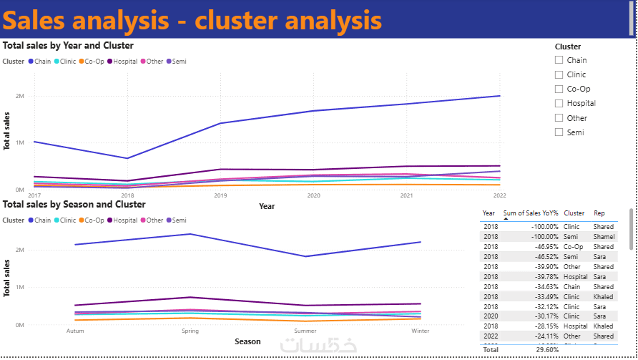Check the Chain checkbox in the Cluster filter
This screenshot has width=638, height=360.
point(559,60)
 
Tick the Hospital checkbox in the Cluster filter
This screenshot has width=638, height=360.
point(559,103)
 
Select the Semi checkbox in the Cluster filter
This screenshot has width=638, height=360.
point(559,132)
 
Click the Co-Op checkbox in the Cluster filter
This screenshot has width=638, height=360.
point(559,89)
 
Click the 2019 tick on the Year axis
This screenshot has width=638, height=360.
point(220,195)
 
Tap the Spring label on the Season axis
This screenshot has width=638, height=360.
point(190,331)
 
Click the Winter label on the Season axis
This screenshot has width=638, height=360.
point(420,331)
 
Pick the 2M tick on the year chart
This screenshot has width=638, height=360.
point(20,96)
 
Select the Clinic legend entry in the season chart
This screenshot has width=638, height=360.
point(64,220)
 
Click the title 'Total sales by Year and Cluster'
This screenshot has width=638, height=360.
point(68,46)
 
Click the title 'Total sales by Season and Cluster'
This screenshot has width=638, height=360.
point(74,205)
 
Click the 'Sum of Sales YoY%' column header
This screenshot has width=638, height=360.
point(530,213)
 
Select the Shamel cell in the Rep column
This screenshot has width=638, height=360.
point(604,236)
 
